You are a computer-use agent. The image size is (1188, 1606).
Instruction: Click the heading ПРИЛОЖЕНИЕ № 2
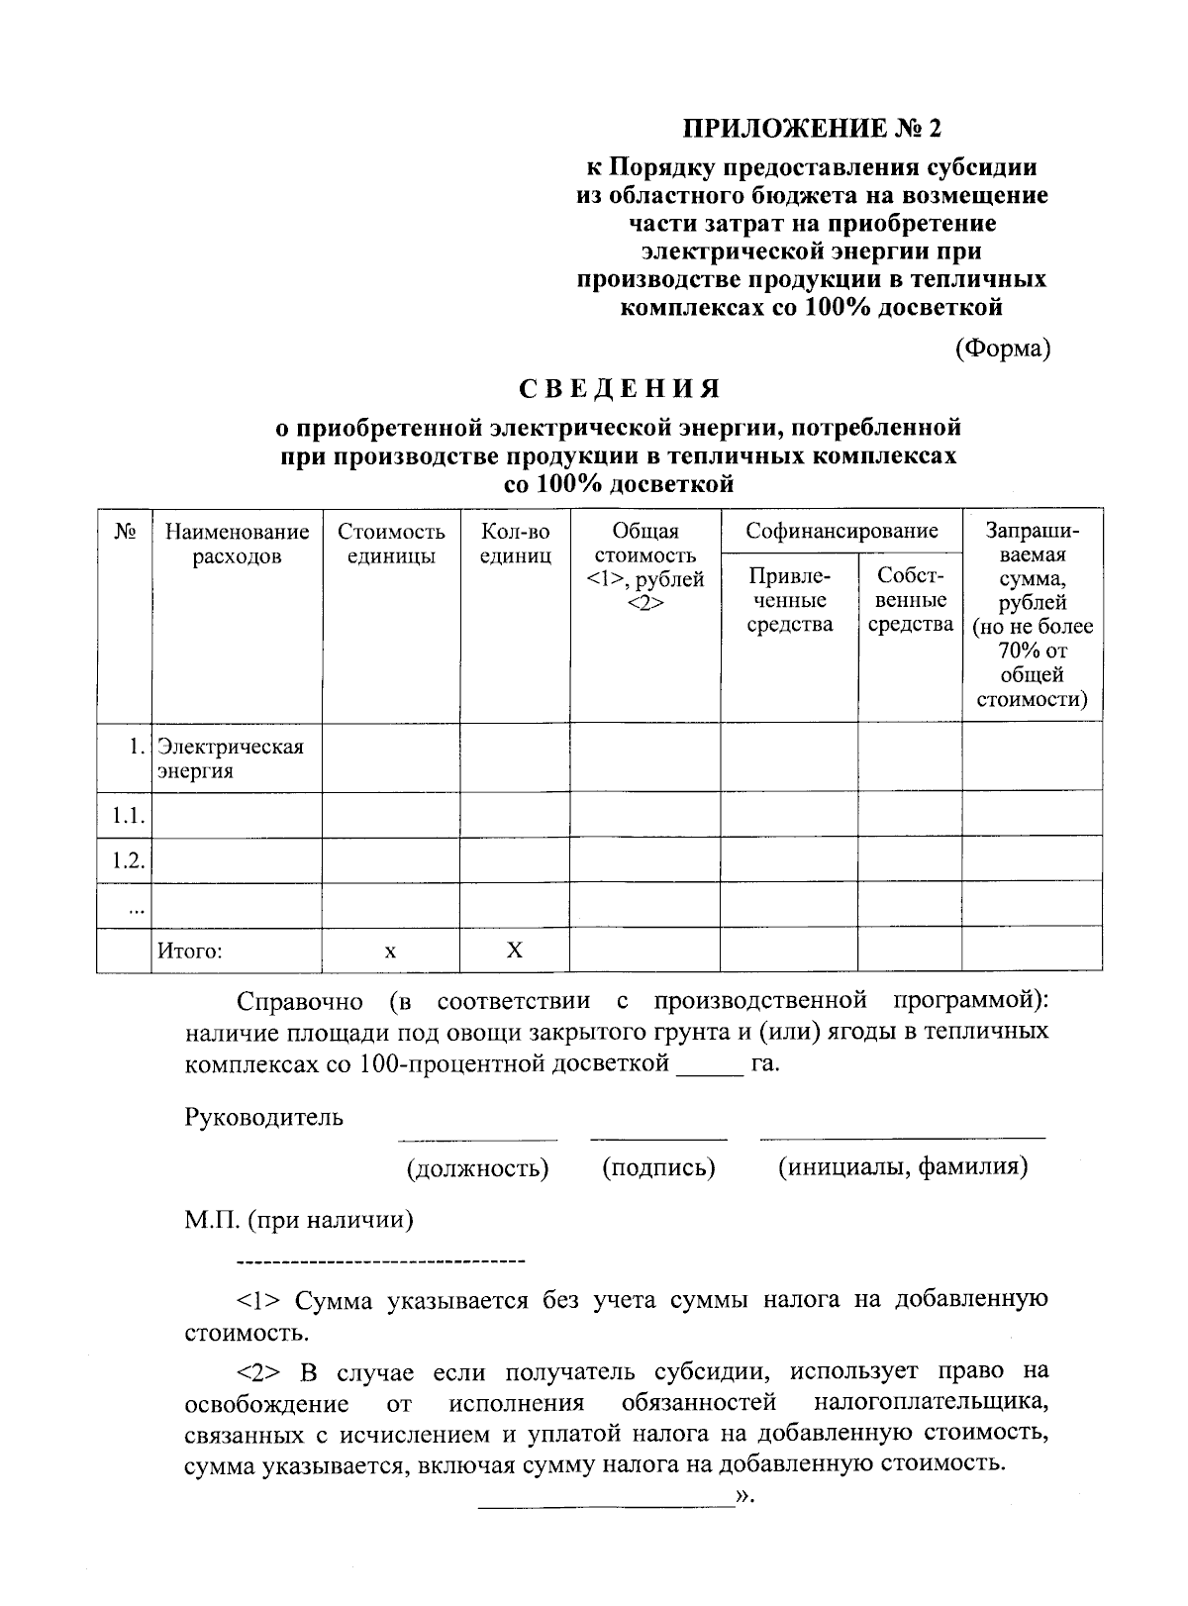pos(809,128)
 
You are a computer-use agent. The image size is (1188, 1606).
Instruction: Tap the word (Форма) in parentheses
pos(1002,349)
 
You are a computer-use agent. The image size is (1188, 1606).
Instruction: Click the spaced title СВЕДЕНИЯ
pos(620,388)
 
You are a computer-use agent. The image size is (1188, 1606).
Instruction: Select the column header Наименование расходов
pos(237,544)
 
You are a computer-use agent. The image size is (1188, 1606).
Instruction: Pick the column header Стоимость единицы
pos(391,544)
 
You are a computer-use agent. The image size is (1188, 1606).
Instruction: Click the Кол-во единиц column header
pos(515,544)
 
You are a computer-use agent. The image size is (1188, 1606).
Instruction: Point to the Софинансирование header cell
pos(841,532)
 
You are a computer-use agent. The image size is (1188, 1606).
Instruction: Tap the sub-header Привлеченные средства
pos(789,600)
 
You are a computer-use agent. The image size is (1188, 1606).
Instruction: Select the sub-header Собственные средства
pos(910,600)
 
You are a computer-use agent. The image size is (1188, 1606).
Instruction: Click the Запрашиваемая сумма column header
pos(1032,614)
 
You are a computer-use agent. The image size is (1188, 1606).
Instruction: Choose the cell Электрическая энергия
pos(232,758)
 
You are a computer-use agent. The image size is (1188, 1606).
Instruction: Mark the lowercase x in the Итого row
pos(391,952)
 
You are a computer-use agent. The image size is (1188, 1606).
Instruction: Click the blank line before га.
pos(708,1069)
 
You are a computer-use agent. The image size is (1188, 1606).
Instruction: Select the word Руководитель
pos(264,1118)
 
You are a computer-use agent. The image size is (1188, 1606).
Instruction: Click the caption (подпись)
pos(658,1167)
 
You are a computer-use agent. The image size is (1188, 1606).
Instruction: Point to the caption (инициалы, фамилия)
pos(902,1167)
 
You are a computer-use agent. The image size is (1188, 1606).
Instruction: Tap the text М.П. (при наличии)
pos(299,1220)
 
